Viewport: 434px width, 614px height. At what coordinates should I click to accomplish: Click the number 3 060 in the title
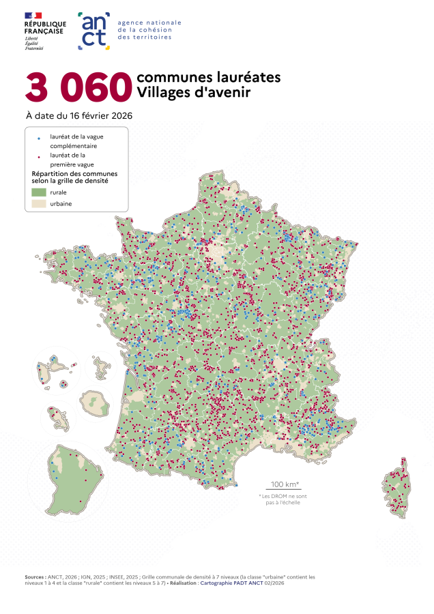pyautogui.click(x=78, y=86)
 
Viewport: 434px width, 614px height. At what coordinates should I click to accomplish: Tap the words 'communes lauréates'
pyautogui.click(x=208, y=77)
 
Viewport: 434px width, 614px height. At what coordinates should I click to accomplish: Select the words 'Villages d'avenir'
pyautogui.click(x=193, y=92)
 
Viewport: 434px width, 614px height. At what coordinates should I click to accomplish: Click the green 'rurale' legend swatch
pyautogui.click(x=38, y=192)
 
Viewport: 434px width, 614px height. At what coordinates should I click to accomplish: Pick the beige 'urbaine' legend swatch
pyautogui.click(x=38, y=203)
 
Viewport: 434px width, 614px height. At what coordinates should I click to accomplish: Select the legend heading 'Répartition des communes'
pyautogui.click(x=74, y=173)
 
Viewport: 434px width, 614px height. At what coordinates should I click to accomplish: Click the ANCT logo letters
pyautogui.click(x=94, y=30)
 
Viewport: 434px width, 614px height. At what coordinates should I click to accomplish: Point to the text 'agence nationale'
pyautogui.click(x=149, y=23)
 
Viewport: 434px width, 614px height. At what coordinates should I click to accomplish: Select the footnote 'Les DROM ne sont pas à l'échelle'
pyautogui.click(x=279, y=499)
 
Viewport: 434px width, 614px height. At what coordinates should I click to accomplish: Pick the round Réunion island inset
pyautogui.click(x=93, y=404)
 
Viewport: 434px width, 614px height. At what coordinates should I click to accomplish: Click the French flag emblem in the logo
pyautogui.click(x=33, y=15)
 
